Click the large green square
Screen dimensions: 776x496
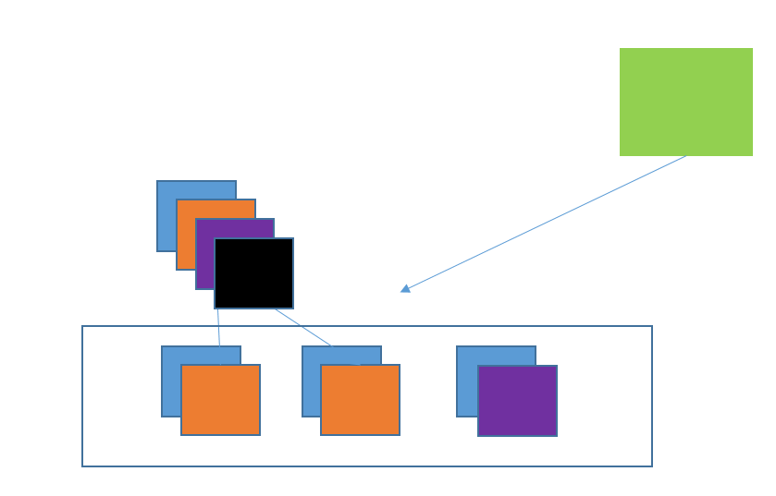point(685,102)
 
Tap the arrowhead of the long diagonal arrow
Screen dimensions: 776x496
point(405,289)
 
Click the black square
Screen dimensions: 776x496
point(253,273)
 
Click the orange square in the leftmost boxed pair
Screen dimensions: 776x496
point(220,400)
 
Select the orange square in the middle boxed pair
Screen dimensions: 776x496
point(360,400)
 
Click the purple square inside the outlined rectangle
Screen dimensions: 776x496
point(517,401)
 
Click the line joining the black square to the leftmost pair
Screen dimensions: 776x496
point(218,327)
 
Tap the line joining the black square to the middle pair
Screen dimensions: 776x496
point(303,327)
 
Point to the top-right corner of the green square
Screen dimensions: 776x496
point(752,49)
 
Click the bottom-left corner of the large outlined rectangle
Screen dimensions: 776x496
point(83,466)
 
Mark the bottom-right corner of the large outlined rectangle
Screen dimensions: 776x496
point(651,466)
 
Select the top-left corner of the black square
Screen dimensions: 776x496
point(216,239)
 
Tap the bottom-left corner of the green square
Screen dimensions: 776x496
point(621,154)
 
